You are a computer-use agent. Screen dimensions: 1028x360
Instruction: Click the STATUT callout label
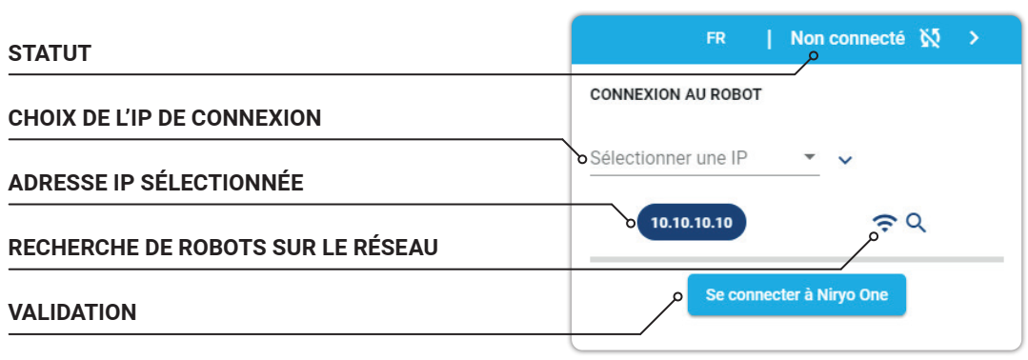click(50, 53)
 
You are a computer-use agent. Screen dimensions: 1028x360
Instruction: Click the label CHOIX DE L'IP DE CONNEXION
click(165, 118)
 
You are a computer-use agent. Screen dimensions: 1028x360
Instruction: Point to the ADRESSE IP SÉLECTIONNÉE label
click(156, 183)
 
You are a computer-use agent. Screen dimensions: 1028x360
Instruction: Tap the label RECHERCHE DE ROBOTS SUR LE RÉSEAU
click(223, 248)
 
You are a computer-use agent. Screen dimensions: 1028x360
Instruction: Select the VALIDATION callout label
click(72, 312)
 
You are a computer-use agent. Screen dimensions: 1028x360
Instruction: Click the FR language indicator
click(716, 39)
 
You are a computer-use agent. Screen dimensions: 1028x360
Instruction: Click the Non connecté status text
click(848, 39)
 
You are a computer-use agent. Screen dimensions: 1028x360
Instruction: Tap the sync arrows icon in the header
click(930, 39)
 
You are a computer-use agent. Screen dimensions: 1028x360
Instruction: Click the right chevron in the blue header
click(975, 39)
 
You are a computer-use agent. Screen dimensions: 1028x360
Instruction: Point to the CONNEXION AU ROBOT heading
click(675, 95)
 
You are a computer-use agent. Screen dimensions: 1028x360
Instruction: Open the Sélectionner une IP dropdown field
click(705, 159)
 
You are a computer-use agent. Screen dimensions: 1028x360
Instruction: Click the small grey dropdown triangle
click(810, 157)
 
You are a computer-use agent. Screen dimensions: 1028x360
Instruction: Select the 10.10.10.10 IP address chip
click(692, 222)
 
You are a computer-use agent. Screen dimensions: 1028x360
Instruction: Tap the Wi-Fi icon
click(885, 224)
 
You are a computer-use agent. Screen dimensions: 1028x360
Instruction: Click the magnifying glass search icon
click(916, 224)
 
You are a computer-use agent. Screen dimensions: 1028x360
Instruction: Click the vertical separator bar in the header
click(769, 39)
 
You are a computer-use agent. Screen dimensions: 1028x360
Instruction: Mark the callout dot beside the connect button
click(678, 297)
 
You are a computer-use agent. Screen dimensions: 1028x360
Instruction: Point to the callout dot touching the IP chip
click(632, 223)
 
